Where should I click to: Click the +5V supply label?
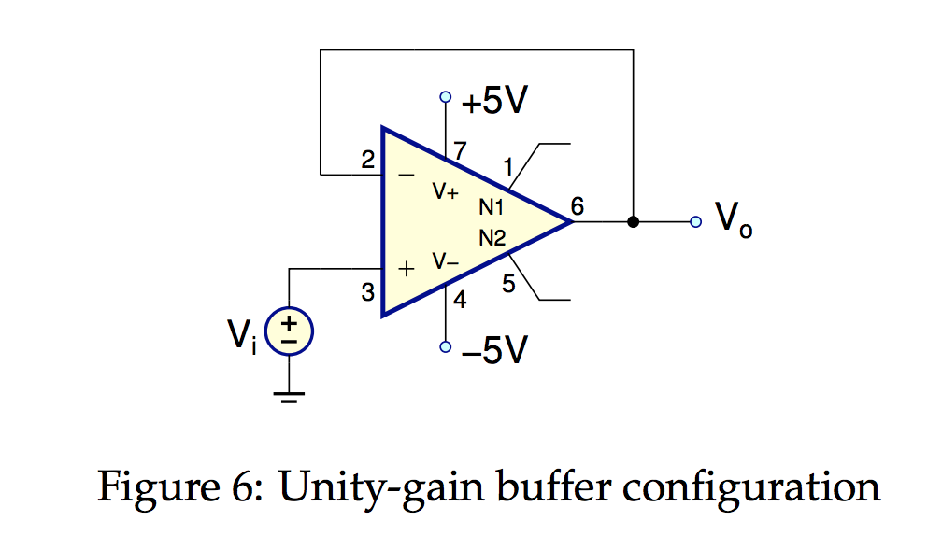click(x=493, y=101)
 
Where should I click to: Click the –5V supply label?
click(x=494, y=350)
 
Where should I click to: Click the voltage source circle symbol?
click(x=290, y=332)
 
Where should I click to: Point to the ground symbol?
click(x=290, y=398)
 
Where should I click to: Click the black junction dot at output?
click(x=633, y=221)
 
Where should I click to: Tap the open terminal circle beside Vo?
click(x=694, y=221)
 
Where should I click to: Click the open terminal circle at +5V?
click(x=446, y=96)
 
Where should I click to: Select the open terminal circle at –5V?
click(x=446, y=347)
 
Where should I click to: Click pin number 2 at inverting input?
click(x=368, y=160)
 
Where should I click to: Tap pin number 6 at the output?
click(x=578, y=206)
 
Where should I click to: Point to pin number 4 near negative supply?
click(x=460, y=301)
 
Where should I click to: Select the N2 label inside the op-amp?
click(x=492, y=238)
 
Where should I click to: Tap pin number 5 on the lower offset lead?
click(x=508, y=285)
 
